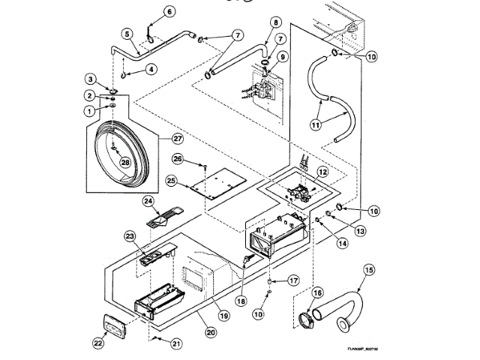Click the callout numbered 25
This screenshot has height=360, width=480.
click(171, 181)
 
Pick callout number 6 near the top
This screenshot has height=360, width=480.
click(168, 11)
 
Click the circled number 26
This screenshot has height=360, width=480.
click(178, 157)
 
